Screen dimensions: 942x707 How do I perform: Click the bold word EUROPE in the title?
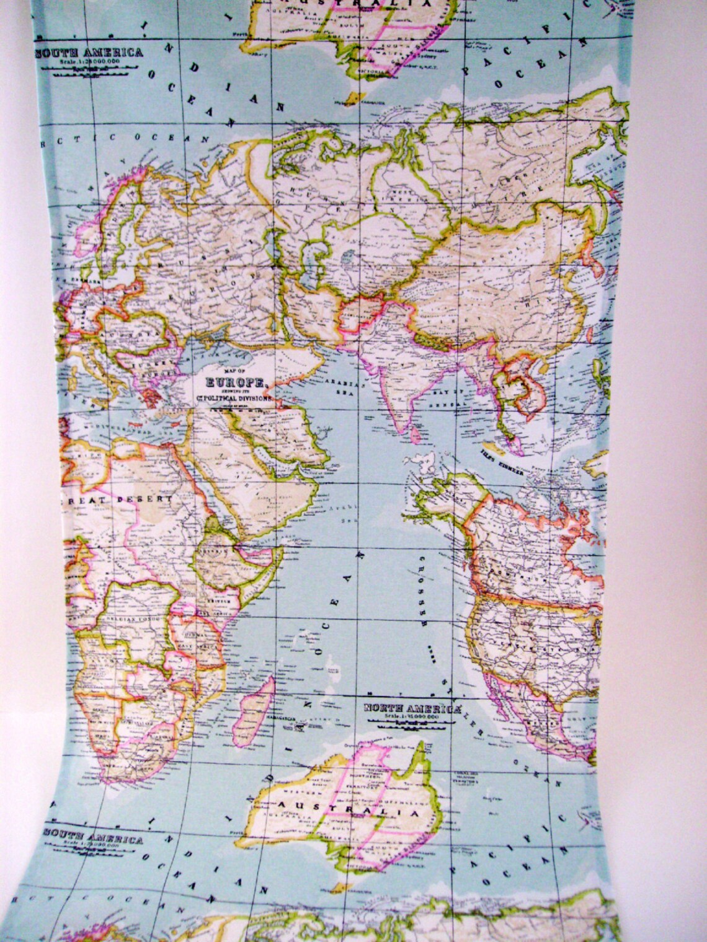coord(234,383)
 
